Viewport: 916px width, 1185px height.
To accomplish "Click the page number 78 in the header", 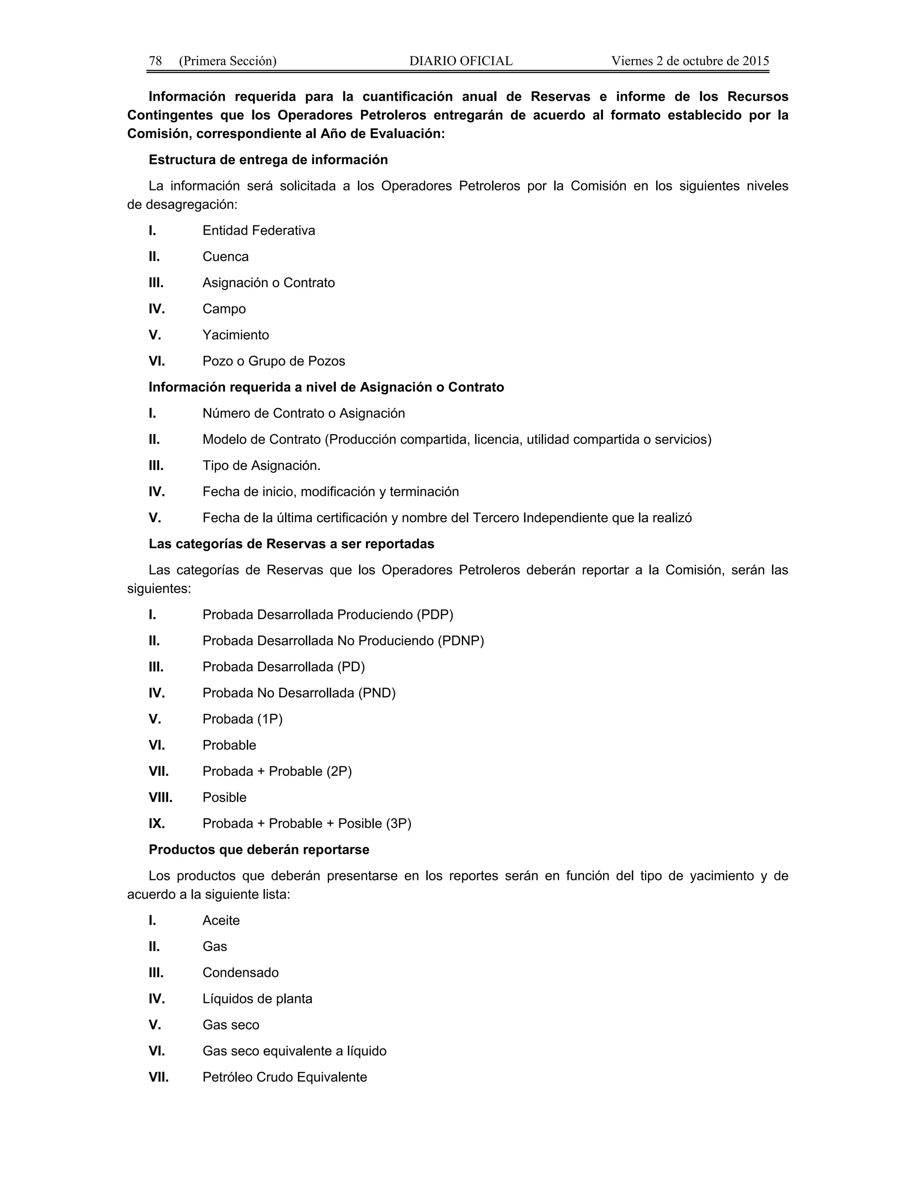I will coord(155,61).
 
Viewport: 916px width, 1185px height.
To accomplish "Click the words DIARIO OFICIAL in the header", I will coord(461,61).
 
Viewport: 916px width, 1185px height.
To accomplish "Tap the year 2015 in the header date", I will coord(755,61).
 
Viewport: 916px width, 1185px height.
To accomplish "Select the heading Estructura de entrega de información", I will coord(268,160).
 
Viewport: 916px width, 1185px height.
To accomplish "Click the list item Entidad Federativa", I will coord(259,231).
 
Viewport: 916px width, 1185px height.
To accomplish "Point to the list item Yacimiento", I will coord(236,335).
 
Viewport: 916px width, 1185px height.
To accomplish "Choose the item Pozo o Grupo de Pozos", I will coord(273,361).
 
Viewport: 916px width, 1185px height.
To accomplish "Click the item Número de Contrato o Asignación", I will coord(303,414).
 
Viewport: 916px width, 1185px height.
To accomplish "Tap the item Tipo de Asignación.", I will coord(261,466).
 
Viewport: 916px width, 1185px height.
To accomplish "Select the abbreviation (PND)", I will coord(377,693).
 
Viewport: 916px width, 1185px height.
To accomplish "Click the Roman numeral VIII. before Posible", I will coord(160,798).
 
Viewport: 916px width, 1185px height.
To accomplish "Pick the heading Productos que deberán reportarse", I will coord(259,850).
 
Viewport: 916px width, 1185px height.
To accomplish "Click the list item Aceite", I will coord(221,921).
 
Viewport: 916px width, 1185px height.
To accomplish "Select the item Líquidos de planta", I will coord(257,999).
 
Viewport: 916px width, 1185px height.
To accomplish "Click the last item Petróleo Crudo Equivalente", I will coord(284,1077).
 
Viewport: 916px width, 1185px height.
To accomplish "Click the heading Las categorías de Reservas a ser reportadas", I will coord(292,544).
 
